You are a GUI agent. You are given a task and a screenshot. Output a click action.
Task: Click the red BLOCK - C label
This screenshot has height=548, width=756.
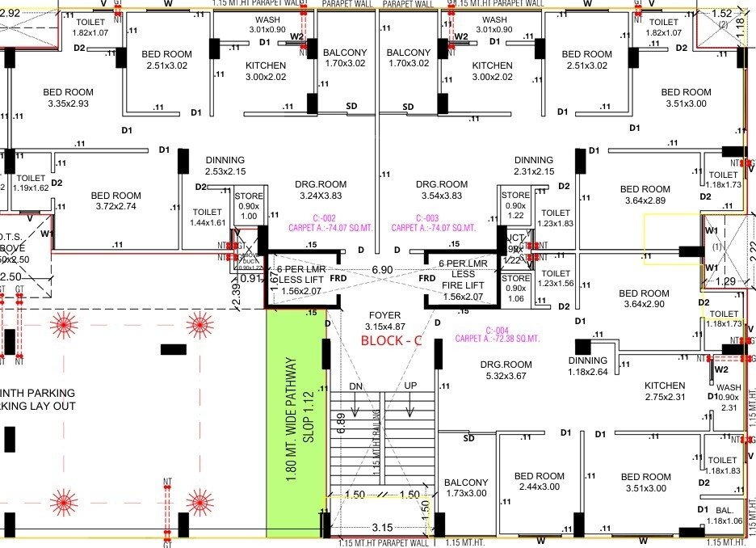tap(392, 340)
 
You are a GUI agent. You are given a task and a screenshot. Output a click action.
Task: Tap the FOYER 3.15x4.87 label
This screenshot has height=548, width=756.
tap(384, 321)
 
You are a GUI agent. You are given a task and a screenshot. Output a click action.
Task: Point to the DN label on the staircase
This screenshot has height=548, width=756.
tap(356, 386)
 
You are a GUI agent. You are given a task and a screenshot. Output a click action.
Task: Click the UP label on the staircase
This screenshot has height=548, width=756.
tap(410, 386)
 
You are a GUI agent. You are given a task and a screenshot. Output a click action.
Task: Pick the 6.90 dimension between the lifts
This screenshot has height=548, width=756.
tap(382, 268)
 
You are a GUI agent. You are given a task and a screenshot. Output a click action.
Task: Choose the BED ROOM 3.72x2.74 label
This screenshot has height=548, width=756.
tap(115, 201)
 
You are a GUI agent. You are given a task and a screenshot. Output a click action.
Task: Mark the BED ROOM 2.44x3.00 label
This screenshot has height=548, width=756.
tap(540, 482)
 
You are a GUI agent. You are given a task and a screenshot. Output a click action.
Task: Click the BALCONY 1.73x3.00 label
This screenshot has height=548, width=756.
tap(466, 488)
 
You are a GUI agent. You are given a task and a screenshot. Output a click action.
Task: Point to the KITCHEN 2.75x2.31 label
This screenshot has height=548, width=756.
tap(664, 391)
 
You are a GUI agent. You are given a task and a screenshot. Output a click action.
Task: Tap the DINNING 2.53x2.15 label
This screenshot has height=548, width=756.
tap(225, 166)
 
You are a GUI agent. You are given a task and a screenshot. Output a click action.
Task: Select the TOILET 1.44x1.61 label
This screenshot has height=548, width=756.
tap(208, 217)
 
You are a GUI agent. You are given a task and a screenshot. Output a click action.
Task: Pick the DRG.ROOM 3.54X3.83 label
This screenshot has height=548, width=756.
tap(442, 190)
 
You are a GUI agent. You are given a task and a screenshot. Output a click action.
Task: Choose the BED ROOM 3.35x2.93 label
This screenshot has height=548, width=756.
tap(68, 99)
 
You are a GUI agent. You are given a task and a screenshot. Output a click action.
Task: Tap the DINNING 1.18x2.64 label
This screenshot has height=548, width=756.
tap(587, 366)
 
